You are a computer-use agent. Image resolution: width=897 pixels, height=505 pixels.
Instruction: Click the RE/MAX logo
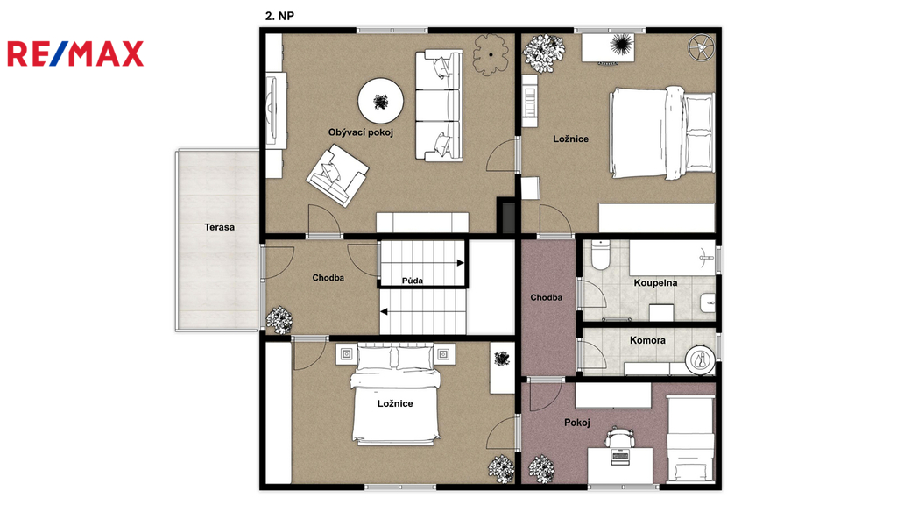pos(75,53)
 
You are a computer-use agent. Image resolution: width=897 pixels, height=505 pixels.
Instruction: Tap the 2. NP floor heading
pos(279,16)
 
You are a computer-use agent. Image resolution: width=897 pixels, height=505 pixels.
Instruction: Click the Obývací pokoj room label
pos(360,132)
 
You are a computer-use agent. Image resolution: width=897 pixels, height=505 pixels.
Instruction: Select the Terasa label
pos(220,227)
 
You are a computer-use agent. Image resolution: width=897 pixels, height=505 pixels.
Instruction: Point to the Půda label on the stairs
pos(413,281)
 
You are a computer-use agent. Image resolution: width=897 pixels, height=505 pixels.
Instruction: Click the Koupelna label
pos(655,283)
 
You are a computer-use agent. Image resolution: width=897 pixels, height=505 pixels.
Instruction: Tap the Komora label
pos(647,340)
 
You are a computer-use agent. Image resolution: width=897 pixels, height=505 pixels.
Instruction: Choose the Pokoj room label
pos(576,423)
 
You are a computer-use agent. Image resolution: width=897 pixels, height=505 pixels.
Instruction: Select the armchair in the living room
pos(337,175)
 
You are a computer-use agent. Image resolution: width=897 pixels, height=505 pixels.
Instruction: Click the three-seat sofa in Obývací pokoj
pos(438,105)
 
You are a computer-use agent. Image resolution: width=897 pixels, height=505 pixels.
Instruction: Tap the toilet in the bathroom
pos(601,255)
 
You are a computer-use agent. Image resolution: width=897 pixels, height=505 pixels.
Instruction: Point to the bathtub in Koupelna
pos(672,259)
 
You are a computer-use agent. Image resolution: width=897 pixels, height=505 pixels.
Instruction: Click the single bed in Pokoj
pos(690,438)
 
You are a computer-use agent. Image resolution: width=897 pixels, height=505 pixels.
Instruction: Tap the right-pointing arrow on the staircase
pos(422,263)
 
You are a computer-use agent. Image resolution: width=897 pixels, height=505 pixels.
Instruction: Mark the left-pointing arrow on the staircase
pos(422,311)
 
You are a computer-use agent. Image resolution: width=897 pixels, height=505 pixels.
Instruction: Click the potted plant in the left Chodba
pos(279,320)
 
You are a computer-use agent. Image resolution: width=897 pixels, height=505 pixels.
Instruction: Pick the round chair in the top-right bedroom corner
pos(702,47)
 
